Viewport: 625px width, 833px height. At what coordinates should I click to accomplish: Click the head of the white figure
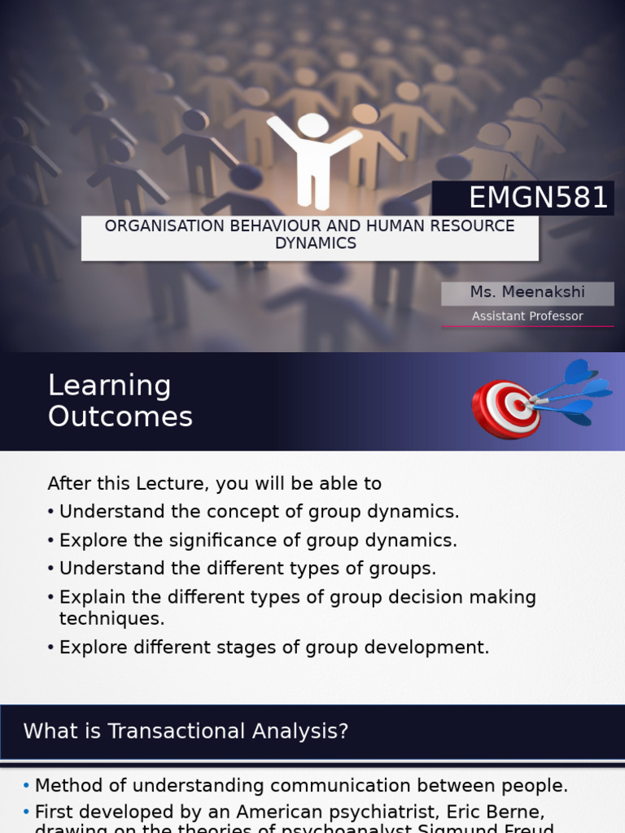[312, 125]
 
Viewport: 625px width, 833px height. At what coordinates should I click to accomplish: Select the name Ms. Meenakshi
[527, 292]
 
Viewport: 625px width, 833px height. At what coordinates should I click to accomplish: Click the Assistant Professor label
[527, 316]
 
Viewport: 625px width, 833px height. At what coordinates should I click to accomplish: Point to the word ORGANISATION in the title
[158, 226]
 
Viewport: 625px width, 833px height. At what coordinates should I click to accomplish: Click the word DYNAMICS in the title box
[315, 243]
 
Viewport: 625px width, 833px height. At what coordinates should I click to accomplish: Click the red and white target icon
[507, 408]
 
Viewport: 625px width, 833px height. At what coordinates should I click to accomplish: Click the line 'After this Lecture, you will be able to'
[214, 483]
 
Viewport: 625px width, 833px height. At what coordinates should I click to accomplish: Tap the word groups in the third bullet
[405, 569]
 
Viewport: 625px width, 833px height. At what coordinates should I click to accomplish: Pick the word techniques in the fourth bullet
[111, 618]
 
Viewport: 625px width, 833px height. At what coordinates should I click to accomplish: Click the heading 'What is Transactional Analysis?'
[186, 731]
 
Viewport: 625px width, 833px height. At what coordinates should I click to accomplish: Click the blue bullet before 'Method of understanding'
[26, 786]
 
